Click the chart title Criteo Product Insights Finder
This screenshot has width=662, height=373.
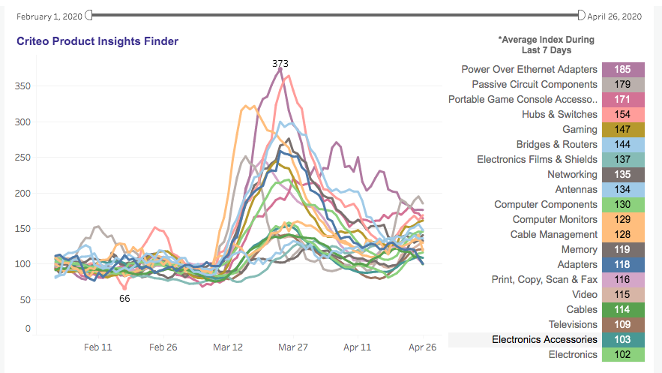[x=97, y=41]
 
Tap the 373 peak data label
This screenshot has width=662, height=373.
[x=280, y=64]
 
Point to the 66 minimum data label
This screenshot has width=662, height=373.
[x=125, y=299]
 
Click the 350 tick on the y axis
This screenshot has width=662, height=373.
[x=22, y=86]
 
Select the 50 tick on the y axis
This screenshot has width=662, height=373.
[x=25, y=300]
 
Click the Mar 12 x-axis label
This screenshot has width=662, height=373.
[x=228, y=347]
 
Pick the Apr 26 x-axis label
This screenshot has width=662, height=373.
[x=421, y=347]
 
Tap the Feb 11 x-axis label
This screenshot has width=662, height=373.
[x=98, y=347]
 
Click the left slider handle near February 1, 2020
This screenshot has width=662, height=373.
[x=89, y=14]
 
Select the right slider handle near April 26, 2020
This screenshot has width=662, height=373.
[x=581, y=14]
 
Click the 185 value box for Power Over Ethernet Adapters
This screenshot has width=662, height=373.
[x=622, y=70]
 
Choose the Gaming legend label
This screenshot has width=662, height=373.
[x=580, y=130]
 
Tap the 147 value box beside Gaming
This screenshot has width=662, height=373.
[x=622, y=130]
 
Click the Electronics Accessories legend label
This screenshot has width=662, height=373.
[x=544, y=340]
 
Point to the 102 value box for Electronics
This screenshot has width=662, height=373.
[x=622, y=355]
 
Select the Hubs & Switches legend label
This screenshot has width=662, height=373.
[x=559, y=115]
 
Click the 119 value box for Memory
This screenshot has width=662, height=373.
[x=622, y=250]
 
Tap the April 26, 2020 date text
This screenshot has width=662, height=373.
[x=614, y=16]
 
